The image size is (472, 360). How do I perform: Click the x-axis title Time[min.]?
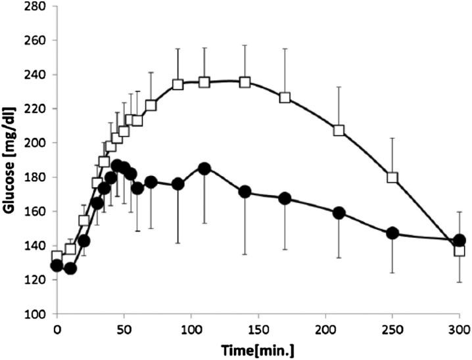[x=256, y=349]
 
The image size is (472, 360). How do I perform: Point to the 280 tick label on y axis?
[x=36, y=7]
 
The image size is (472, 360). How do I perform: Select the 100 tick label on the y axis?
[x=36, y=314]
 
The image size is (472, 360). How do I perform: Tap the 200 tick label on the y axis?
[x=36, y=143]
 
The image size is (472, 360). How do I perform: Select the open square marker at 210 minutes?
[x=339, y=130]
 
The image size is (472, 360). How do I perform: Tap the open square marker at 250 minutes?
[x=392, y=177]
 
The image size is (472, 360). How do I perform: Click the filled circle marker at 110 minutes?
[x=204, y=168]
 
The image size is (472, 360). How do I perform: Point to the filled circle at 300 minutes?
[x=460, y=240]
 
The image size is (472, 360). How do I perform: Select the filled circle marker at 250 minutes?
[x=392, y=233]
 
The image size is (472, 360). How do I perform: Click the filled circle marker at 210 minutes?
[x=339, y=213]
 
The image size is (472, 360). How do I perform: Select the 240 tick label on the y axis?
[x=36, y=75]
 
